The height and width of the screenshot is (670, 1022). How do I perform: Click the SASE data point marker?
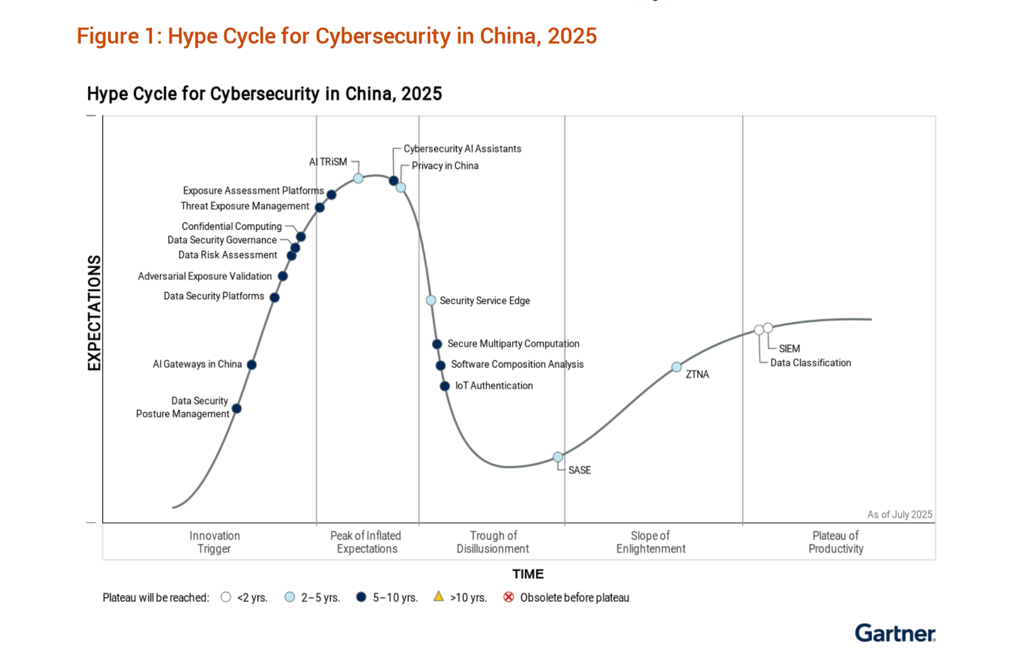pyautogui.click(x=558, y=457)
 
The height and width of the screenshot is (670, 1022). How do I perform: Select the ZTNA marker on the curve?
pyautogui.click(x=676, y=367)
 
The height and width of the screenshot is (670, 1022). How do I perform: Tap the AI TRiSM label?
pyautogui.click(x=328, y=162)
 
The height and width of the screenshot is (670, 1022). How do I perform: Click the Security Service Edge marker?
pyautogui.click(x=431, y=301)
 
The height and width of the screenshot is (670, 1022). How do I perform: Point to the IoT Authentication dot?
pyautogui.click(x=445, y=386)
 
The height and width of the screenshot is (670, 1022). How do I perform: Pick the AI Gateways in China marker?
pyautogui.click(x=251, y=365)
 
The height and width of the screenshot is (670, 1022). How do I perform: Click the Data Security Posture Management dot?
pyautogui.click(x=237, y=408)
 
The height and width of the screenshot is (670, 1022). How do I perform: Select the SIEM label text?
pyautogui.click(x=789, y=349)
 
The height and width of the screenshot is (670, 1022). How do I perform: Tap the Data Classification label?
pyautogui.click(x=810, y=363)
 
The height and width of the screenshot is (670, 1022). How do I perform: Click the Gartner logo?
pyautogui.click(x=895, y=633)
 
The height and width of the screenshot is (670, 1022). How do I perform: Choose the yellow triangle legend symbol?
pyautogui.click(x=438, y=597)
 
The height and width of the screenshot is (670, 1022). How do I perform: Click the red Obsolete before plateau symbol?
pyautogui.click(x=508, y=597)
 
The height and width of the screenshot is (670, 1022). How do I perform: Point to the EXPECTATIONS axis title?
pyautogui.click(x=94, y=313)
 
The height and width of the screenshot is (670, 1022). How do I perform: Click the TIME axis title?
pyautogui.click(x=528, y=574)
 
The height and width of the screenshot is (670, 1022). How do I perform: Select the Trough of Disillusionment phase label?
pyautogui.click(x=493, y=542)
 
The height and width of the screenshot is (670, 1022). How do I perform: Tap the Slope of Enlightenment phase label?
pyautogui.click(x=651, y=542)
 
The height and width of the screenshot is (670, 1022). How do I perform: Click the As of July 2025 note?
pyautogui.click(x=900, y=514)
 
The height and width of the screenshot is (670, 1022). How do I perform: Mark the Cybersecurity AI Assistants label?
pyautogui.click(x=462, y=149)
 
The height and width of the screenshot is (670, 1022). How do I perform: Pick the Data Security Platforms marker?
pyautogui.click(x=275, y=298)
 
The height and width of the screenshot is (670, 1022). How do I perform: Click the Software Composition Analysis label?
pyautogui.click(x=517, y=364)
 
